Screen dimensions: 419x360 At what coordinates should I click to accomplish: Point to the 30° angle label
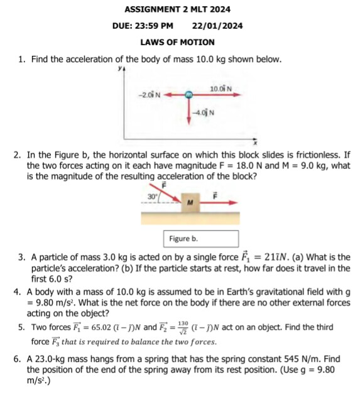151,196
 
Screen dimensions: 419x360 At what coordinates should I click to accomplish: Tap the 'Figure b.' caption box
202,239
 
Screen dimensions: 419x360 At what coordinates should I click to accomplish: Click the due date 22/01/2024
217,26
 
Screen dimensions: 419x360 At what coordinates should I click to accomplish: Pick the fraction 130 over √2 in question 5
183,327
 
